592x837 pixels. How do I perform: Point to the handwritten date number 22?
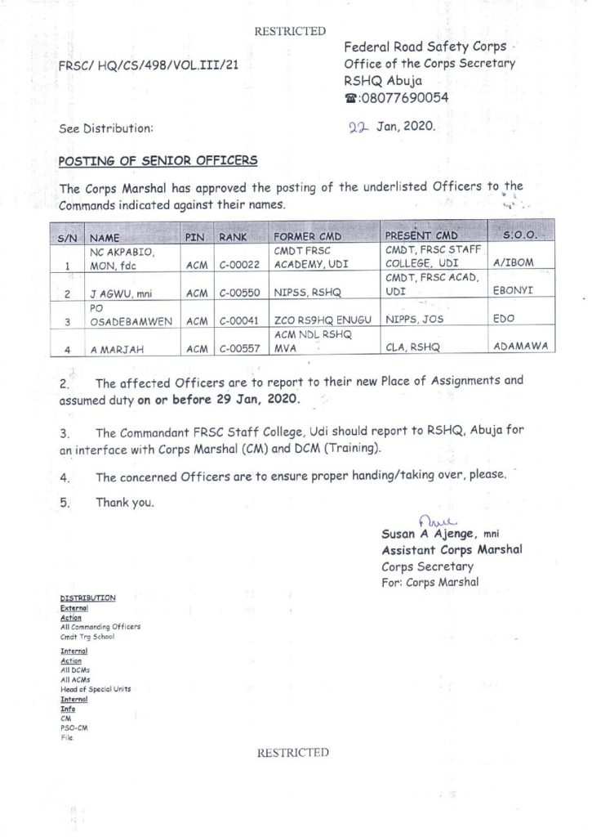(358, 128)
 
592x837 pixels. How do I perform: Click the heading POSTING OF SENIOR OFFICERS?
(158, 160)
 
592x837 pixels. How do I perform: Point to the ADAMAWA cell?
(519, 347)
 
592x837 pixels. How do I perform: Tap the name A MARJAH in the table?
(118, 348)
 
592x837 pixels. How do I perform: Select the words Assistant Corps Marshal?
(452, 549)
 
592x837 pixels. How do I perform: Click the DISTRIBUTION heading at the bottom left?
(88, 598)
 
